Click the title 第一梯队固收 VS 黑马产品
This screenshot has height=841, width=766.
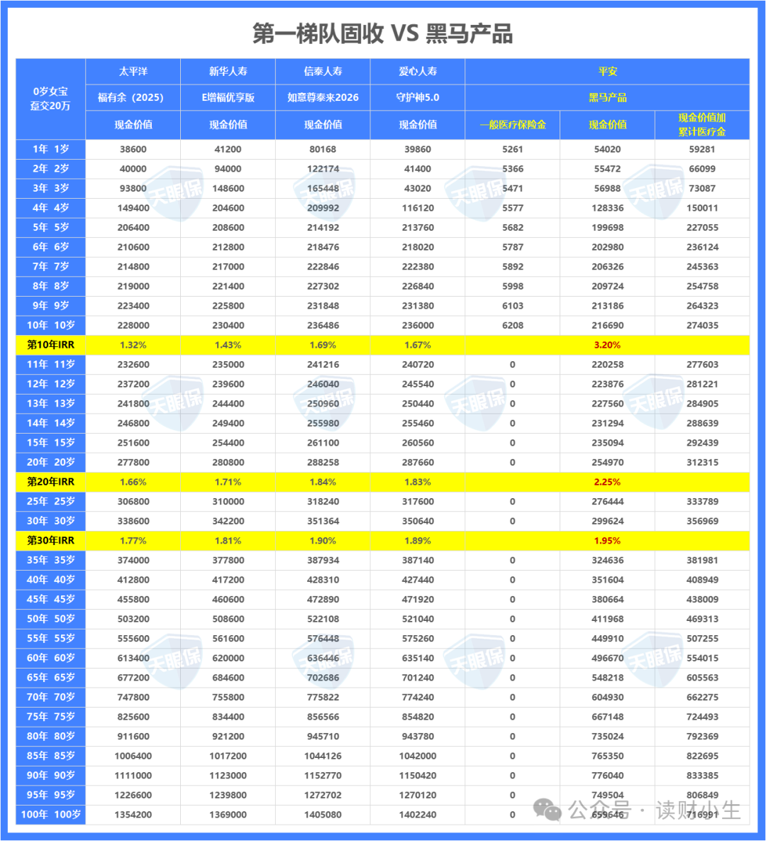tap(382, 33)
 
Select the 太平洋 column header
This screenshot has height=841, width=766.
tap(133, 72)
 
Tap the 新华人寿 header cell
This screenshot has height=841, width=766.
tap(228, 72)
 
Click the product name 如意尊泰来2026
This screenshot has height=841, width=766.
tap(323, 97)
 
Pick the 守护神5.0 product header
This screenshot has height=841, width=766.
tap(418, 97)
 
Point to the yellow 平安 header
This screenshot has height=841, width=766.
tap(607, 72)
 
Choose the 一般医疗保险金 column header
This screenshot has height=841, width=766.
tap(512, 124)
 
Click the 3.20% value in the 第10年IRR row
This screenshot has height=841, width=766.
tap(607, 345)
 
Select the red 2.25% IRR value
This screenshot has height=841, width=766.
tap(607, 482)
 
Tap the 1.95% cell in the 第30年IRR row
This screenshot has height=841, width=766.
tap(607, 541)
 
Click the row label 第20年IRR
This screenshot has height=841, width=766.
tap(50, 482)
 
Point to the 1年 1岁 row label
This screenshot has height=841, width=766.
tap(50, 149)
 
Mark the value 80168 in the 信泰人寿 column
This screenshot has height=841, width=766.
tap(323, 150)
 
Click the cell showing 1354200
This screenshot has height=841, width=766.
tap(133, 815)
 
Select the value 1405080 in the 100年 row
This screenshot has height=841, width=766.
tap(323, 815)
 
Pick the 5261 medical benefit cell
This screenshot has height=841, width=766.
tap(512, 150)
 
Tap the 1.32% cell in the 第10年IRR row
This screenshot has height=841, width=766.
tap(133, 345)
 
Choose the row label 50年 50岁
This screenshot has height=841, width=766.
tap(50, 619)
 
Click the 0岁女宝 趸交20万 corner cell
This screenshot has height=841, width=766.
tap(50, 99)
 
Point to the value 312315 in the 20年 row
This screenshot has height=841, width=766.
tap(702, 463)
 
